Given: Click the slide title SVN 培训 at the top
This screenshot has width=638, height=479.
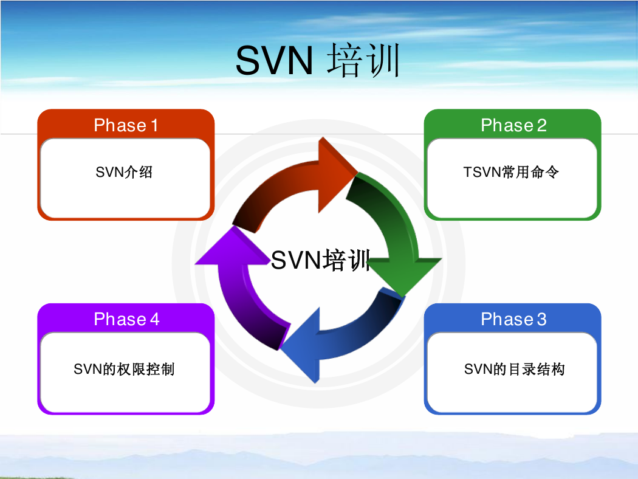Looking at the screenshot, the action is [318, 60].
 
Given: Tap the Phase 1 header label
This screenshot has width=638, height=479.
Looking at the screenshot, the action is [126, 125].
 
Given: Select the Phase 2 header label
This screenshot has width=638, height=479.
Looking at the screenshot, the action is [513, 125].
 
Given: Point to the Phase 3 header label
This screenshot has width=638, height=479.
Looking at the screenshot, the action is [513, 319].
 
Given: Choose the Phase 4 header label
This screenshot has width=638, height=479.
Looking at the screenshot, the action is [126, 319].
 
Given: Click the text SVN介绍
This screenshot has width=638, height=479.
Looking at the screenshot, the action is [124, 172].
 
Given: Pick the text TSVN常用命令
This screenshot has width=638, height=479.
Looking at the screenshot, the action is [511, 172].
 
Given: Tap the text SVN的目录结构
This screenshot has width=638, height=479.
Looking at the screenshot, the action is [514, 369].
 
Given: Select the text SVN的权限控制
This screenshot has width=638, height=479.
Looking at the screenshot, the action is [124, 369].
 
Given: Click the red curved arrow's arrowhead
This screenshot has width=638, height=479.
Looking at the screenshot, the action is [335, 174].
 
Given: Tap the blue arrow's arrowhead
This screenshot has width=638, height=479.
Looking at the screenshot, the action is [302, 346].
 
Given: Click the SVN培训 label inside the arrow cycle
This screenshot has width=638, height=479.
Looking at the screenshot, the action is [321, 260].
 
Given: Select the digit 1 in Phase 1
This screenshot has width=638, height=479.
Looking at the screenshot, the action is [154, 125].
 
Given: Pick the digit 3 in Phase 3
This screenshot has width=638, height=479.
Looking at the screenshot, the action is [541, 320].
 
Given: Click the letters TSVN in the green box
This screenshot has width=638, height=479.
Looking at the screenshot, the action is [482, 172].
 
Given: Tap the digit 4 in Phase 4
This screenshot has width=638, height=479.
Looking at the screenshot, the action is [154, 320].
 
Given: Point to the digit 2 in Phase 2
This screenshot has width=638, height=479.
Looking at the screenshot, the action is [541, 125].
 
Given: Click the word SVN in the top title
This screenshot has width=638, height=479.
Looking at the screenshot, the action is [274, 61].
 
